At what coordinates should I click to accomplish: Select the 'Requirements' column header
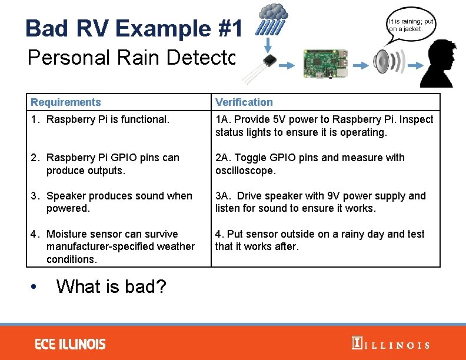[x=66, y=102]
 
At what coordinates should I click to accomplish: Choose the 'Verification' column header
[x=244, y=102]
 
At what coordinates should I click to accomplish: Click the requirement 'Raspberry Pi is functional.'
[x=107, y=120]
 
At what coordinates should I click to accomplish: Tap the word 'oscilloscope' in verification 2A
[x=245, y=171]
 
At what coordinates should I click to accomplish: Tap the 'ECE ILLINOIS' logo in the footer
[x=70, y=344]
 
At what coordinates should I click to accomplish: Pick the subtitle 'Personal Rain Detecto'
[x=131, y=58]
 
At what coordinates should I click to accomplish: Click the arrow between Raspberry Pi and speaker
[x=359, y=66]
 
